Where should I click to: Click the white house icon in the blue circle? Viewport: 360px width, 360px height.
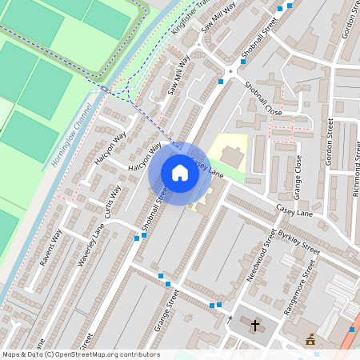(x=180, y=173)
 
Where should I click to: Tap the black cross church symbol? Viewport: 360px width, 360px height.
(x=255, y=326)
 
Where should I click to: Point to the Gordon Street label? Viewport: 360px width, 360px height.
(x=330, y=142)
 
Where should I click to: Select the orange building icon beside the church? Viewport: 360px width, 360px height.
(x=310, y=342)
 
